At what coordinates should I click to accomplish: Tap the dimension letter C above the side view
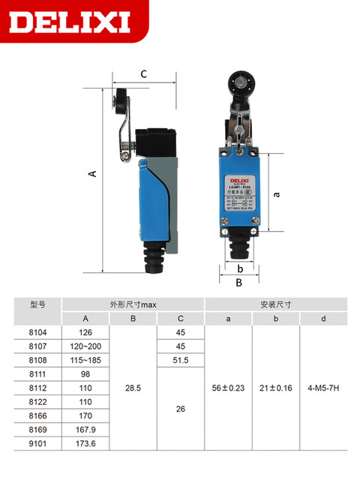143,74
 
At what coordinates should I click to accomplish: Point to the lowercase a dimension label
277,193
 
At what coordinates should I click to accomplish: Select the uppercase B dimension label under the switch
238,283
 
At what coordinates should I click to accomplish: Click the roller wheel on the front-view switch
239,82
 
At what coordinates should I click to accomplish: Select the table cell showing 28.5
133,389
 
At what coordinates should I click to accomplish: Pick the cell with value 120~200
85,346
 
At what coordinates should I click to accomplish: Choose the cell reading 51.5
180,361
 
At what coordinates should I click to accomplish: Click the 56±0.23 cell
228,389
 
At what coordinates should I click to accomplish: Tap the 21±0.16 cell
275,389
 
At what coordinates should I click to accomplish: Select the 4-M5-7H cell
323,389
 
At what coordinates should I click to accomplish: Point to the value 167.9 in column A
85,430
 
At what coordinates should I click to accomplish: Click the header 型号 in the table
38,304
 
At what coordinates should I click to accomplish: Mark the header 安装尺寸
275,304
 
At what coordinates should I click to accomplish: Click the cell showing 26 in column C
180,409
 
